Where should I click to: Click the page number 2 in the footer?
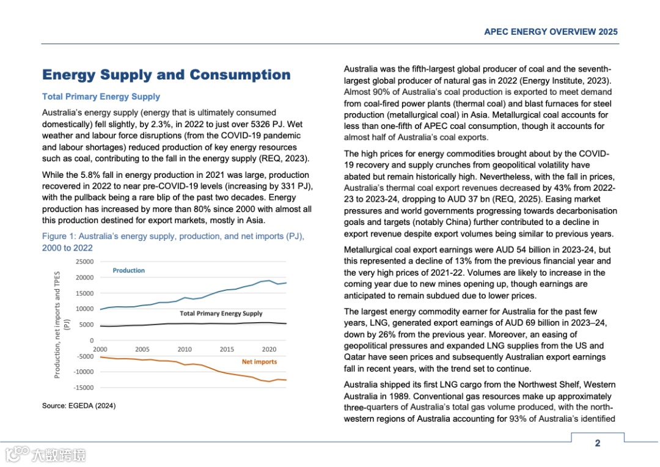click(597, 443)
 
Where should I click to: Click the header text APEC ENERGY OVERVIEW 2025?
click(551, 32)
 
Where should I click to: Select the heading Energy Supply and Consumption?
click(166, 75)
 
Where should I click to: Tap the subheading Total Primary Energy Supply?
click(101, 97)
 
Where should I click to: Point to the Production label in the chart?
click(128, 270)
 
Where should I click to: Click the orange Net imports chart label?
click(259, 362)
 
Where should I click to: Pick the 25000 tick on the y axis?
click(85, 262)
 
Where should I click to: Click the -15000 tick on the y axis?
click(84, 388)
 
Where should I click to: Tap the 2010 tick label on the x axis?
click(185, 349)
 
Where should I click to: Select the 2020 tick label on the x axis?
click(269, 349)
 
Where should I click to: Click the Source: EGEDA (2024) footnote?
click(79, 406)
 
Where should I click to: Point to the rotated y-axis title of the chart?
click(61, 325)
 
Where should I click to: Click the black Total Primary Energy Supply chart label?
click(221, 314)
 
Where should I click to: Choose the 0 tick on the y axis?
click(92, 340)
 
